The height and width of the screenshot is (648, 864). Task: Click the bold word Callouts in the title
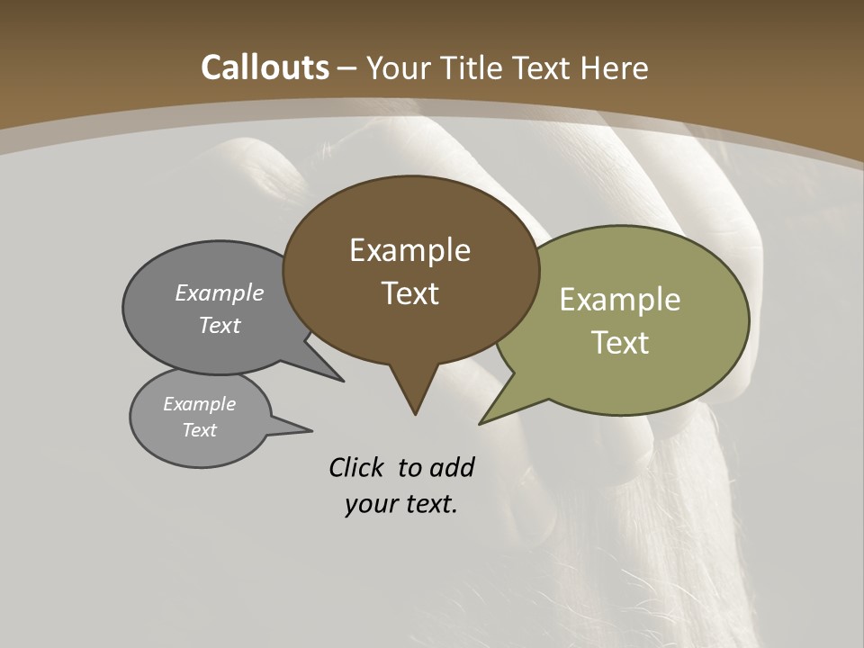pyautogui.click(x=265, y=67)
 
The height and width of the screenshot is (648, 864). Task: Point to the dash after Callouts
pyautogui.click(x=347, y=68)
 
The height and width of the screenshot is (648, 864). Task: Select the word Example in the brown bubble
pyautogui.click(x=409, y=250)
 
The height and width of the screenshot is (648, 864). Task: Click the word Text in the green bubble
pyautogui.click(x=620, y=342)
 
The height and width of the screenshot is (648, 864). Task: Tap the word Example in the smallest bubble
pyautogui.click(x=199, y=404)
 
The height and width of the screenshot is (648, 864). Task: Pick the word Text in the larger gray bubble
pyautogui.click(x=220, y=325)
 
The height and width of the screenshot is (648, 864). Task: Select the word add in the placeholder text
pyautogui.click(x=452, y=467)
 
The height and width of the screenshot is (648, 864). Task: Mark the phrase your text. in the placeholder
pyautogui.click(x=400, y=504)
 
